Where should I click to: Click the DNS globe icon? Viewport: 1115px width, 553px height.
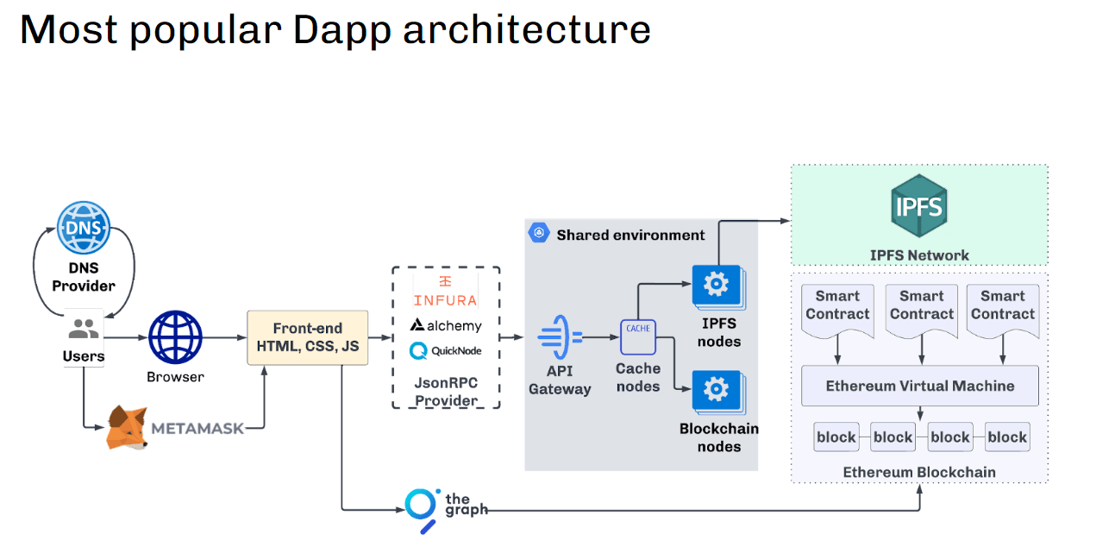pos(84,229)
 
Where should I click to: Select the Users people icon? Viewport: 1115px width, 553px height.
pos(84,329)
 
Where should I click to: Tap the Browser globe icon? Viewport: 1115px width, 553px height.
pos(175,338)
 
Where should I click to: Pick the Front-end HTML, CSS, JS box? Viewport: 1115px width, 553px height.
pos(307,338)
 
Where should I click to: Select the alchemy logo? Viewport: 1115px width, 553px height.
pos(446,325)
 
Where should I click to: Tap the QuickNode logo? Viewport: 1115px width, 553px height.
pos(446,351)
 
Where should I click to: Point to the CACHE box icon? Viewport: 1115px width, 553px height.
pos(638,337)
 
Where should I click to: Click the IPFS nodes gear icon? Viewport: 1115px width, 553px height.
pos(716,286)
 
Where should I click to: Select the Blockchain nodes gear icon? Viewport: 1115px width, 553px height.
pos(716,391)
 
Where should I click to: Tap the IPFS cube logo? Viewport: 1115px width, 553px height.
pos(919,207)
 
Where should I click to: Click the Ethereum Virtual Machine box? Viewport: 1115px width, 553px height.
pos(919,386)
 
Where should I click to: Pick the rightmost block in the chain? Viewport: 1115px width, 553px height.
pos(1006,437)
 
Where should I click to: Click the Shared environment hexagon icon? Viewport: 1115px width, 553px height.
pos(540,234)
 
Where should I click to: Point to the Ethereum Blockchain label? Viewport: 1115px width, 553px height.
pos(919,472)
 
